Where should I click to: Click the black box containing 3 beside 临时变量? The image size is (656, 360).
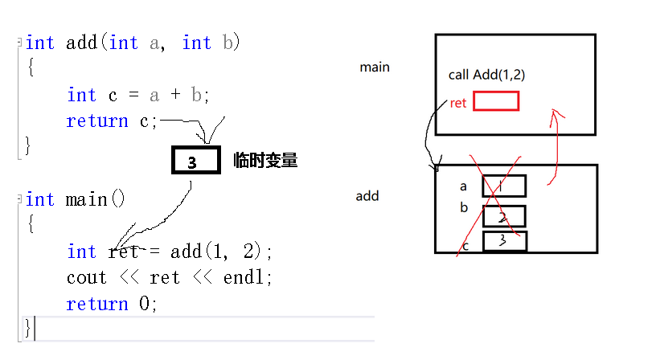pyautogui.click(x=195, y=162)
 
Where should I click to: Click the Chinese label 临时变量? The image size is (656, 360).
pyautogui.click(x=265, y=161)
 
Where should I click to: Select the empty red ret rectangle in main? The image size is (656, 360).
pyautogui.click(x=495, y=101)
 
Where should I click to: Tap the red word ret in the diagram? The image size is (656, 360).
pyautogui.click(x=458, y=103)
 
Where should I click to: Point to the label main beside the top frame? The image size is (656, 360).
pyautogui.click(x=375, y=67)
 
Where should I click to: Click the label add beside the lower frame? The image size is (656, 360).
pyautogui.click(x=367, y=196)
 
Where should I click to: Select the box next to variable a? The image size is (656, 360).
pyautogui.click(x=504, y=186)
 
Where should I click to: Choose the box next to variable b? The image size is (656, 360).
pyautogui.click(x=504, y=216)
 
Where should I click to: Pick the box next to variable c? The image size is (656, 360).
pyautogui.click(x=504, y=241)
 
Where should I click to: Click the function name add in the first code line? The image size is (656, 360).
pyautogui.click(x=81, y=43)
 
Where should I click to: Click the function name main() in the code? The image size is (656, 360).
pyautogui.click(x=96, y=198)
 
